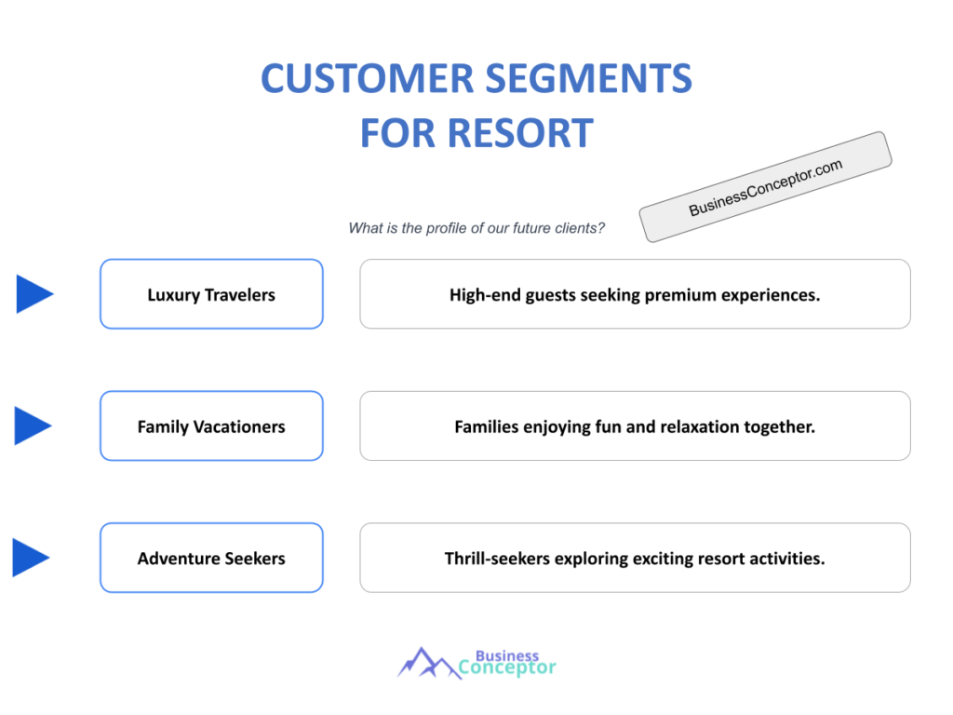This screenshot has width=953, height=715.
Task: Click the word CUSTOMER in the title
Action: (x=367, y=78)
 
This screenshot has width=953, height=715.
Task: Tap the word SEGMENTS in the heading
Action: (x=589, y=78)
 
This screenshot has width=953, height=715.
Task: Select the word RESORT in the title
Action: (x=520, y=133)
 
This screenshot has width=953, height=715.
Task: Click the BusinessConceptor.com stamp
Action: (x=765, y=186)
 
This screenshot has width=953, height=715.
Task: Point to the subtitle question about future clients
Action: (x=476, y=228)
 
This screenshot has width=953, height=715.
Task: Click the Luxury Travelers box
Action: (x=211, y=294)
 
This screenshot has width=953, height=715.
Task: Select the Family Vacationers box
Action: (x=211, y=426)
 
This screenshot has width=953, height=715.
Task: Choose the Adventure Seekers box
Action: (x=211, y=559)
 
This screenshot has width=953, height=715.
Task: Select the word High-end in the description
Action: (x=485, y=295)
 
